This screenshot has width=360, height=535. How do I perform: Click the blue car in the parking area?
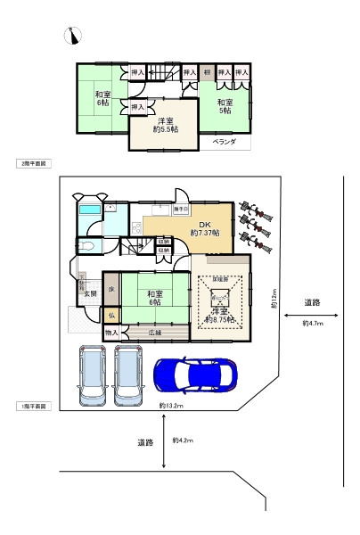pyautogui.click(x=194, y=375)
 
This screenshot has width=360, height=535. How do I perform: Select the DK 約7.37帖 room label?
pyautogui.click(x=204, y=228)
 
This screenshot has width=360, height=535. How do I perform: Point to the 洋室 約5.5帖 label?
pyautogui.click(x=165, y=127)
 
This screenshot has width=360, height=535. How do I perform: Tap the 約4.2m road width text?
pyautogui.click(x=185, y=440)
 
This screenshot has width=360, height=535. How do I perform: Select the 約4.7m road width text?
pyautogui.click(x=313, y=323)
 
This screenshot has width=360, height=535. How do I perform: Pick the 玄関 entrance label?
pyautogui.click(x=91, y=294)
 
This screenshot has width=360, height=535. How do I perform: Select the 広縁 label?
pyautogui.click(x=155, y=332)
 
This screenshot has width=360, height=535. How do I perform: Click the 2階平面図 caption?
pyautogui.click(x=34, y=164)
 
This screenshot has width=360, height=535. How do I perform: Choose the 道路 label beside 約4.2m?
pyautogui.click(x=146, y=442)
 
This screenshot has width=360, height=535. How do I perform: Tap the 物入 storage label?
pyautogui.click(x=111, y=332)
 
